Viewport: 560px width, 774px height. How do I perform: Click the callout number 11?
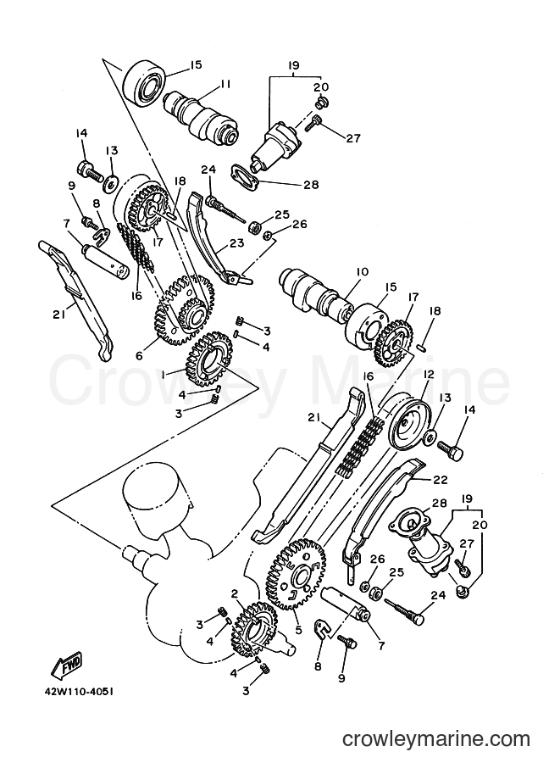tap(226, 84)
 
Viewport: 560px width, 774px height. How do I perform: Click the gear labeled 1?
tap(207, 359)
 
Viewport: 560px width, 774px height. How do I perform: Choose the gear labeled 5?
tap(302, 576)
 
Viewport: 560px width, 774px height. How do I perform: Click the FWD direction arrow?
tap(66, 670)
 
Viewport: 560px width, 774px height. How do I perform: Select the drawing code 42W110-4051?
tap(75, 691)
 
